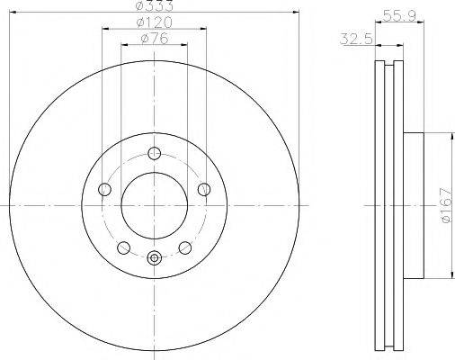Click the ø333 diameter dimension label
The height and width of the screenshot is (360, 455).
coord(154,6)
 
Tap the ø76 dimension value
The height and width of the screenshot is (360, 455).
coord(154,39)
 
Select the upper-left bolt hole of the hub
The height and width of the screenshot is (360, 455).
coord(103,189)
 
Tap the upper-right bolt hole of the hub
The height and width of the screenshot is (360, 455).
coord(204,189)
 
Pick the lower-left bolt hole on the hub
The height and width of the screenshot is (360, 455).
coord(123,248)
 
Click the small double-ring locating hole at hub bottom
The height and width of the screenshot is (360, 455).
coord(154,257)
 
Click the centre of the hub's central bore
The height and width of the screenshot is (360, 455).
coord(154,206)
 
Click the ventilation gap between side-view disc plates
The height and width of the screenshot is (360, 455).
coord(388,206)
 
